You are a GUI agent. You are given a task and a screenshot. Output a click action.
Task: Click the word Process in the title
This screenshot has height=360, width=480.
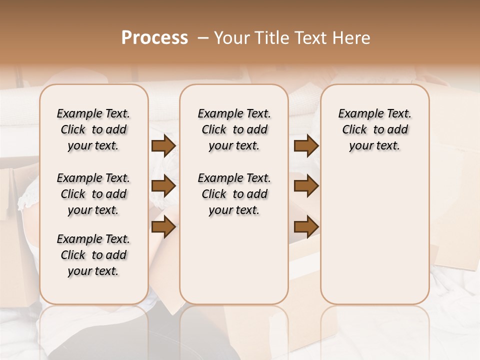[154, 38]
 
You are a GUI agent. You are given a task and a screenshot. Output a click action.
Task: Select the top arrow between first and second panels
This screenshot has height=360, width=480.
[163, 146]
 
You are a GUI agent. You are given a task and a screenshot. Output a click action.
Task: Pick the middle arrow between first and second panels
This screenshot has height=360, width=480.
[163, 186]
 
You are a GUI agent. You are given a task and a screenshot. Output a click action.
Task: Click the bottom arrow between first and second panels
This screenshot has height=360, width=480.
[163, 227]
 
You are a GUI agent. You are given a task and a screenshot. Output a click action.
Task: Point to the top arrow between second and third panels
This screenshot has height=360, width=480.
[306, 146]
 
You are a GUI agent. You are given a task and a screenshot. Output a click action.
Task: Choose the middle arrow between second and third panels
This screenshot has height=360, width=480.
[306, 186]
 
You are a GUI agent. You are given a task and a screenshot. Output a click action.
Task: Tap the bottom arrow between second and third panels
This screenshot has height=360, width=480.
[306, 227]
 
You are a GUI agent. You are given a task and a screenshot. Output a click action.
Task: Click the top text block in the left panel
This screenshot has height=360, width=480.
[93, 129]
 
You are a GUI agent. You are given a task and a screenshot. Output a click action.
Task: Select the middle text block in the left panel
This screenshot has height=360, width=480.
[93, 194]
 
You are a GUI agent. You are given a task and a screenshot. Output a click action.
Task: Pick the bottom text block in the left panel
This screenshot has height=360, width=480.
[93, 255]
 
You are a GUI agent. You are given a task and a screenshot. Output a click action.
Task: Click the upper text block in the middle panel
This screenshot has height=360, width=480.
[234, 129]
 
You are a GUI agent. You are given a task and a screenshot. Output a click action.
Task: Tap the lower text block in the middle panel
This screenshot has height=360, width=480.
[234, 194]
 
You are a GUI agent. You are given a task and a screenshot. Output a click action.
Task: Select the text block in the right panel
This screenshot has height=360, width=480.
[374, 129]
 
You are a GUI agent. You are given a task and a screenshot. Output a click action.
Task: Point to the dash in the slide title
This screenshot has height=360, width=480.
[202, 38]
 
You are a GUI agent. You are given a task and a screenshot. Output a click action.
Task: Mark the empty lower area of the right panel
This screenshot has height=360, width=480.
[374, 235]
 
